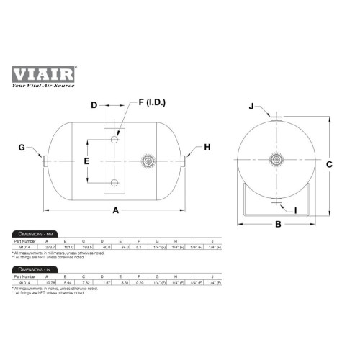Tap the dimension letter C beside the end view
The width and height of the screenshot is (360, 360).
tap(328, 163)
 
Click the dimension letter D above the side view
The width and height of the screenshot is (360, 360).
tap(94, 105)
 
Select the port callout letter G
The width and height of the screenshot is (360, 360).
tap(23, 148)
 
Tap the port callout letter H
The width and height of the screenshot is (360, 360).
tap(207, 147)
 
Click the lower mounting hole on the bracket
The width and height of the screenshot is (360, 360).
tap(114, 181)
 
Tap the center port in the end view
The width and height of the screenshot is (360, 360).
tap(276, 160)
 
